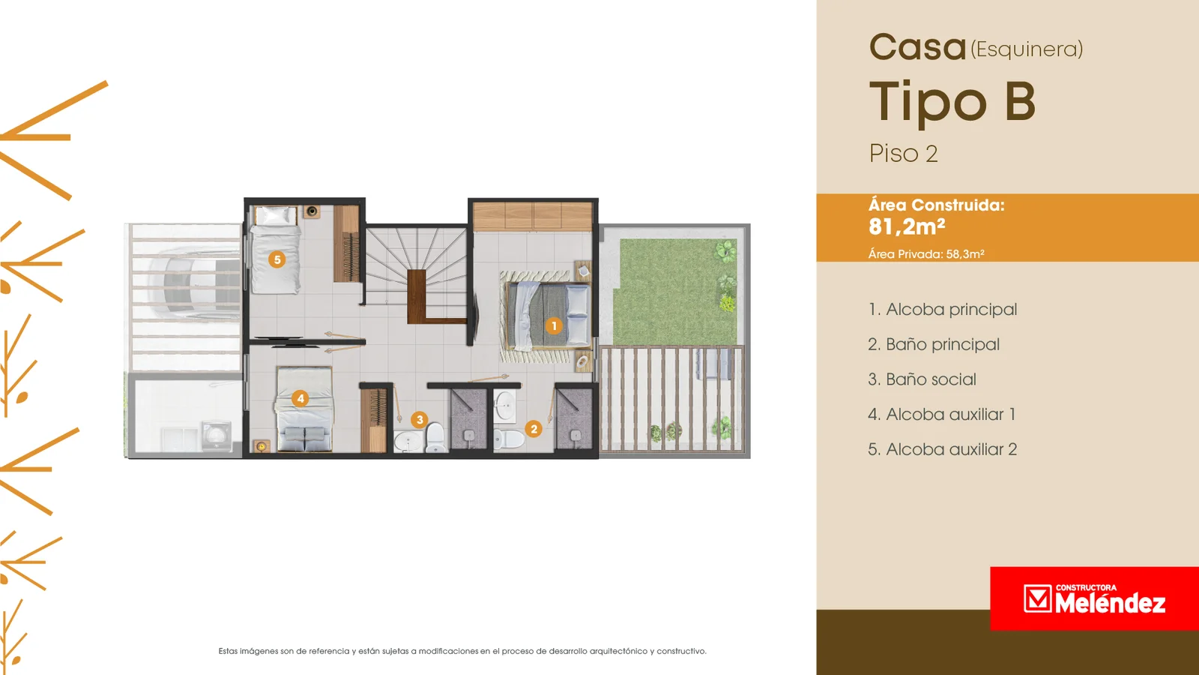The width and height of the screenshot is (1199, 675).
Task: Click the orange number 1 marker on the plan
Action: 554,325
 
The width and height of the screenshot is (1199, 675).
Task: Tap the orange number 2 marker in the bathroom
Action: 533,428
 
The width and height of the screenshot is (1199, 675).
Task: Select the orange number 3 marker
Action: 419,419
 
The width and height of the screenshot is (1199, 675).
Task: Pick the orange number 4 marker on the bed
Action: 300,398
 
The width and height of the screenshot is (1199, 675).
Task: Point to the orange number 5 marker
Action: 277,259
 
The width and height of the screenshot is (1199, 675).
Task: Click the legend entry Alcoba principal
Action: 943,310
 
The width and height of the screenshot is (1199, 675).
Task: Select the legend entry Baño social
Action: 922,379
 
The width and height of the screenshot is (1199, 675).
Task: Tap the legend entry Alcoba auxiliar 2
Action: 943,449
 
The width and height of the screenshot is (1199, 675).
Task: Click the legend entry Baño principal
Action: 934,344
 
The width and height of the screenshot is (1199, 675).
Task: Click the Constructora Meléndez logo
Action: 1094,598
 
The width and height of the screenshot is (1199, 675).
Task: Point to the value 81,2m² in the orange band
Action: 907,226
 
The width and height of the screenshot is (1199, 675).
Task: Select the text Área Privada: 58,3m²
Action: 926,254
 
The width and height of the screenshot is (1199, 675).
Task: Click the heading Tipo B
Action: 952,102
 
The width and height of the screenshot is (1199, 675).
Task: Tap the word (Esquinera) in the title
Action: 1027,49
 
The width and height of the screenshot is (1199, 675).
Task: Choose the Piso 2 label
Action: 904,154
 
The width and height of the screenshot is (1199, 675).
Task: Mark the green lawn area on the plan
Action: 675,292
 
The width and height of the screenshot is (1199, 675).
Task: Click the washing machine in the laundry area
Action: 217,436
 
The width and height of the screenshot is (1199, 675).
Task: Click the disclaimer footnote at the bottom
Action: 462,651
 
